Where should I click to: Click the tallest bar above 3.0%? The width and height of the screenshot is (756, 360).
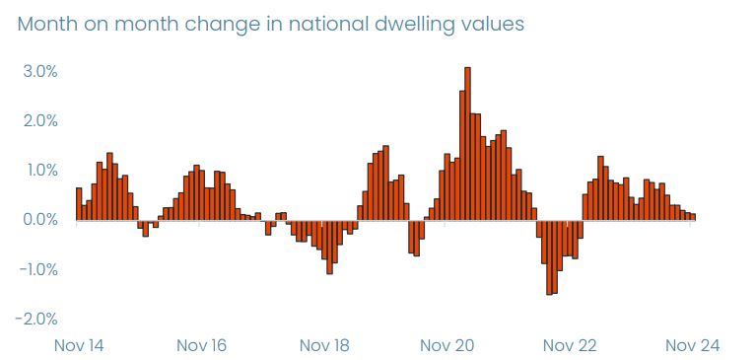467,144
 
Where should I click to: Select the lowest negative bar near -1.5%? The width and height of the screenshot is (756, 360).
549,257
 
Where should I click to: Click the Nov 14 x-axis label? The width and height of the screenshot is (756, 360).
80,345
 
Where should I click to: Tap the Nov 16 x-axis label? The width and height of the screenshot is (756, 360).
201,345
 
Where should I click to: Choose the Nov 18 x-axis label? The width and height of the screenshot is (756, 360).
323,345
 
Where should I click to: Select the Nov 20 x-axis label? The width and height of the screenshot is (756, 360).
447,345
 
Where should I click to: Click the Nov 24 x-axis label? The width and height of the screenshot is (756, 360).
692,345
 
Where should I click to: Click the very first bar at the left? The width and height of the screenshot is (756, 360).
79,204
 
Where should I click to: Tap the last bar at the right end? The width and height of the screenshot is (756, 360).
693,217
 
